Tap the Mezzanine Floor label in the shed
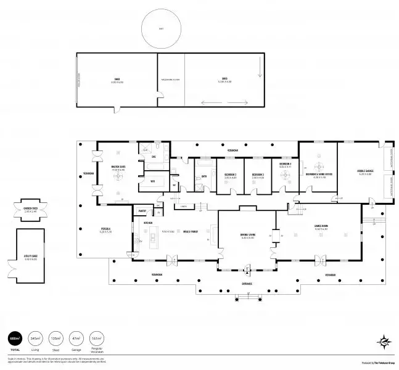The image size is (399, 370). click(170, 80)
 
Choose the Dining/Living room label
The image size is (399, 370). click(247, 236)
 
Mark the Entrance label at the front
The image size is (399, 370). click(247, 284)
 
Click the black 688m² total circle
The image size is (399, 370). click(14, 339)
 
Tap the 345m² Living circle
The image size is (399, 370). click(35, 339)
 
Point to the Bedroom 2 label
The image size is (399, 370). click(231, 174)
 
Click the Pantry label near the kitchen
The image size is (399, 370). click(141, 211)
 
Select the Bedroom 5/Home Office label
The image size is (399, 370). click(319, 174)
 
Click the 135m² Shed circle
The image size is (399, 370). click(56, 339)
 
